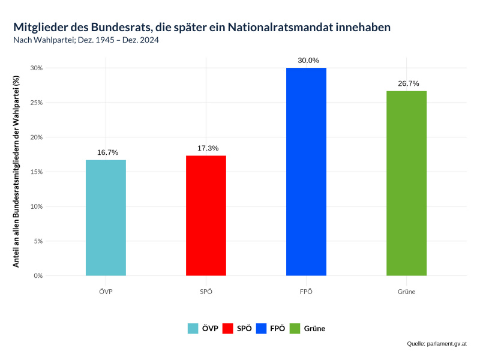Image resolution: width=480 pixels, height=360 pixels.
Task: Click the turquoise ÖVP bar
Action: point(106,218)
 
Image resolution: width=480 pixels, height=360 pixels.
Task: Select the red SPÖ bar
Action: point(206,216)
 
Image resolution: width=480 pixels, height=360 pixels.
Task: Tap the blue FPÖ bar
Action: point(306,172)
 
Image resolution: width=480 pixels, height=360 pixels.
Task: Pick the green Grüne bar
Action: point(406,183)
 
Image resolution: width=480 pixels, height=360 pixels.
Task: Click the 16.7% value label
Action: point(107,152)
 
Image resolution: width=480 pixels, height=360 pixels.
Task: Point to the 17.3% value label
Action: point(208,148)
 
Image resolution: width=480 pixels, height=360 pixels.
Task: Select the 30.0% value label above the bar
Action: point(308,61)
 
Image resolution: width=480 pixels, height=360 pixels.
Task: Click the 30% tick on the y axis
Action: point(37,68)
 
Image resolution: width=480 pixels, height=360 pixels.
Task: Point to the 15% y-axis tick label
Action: point(37,172)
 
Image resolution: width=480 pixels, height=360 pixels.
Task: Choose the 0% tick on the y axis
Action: point(38,276)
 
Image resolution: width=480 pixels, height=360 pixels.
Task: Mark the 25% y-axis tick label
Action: point(37,103)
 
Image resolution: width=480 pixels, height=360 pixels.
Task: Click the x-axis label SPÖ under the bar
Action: point(206,292)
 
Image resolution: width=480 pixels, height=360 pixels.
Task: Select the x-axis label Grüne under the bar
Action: point(406,292)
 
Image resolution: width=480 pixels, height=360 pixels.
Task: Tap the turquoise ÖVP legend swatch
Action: point(193,328)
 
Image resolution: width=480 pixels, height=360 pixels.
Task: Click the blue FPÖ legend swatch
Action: point(261,328)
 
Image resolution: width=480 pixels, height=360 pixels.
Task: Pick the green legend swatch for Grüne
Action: point(295,328)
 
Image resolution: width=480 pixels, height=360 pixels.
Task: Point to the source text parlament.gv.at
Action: point(446,344)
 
